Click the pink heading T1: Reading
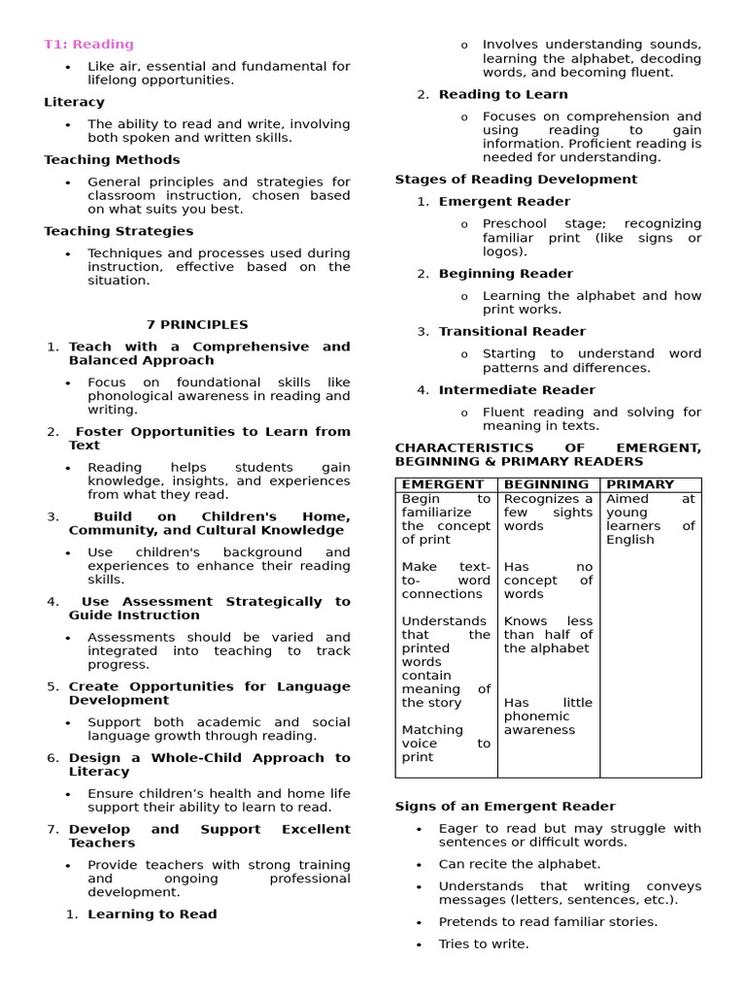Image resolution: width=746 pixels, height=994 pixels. tap(88, 45)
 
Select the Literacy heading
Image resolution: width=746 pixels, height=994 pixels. tap(74, 102)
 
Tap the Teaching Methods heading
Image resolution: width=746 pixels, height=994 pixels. tap(112, 159)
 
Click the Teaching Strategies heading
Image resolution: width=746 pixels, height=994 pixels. tap(119, 231)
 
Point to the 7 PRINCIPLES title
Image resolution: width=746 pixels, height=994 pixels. tap(197, 325)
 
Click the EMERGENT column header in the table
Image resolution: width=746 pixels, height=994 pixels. tap(442, 484)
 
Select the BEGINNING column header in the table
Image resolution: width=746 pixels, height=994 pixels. tap(546, 484)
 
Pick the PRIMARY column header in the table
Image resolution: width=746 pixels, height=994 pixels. tap(639, 484)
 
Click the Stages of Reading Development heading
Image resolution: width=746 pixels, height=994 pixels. tap(516, 180)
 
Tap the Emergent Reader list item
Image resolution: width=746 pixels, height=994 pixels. tap(504, 202)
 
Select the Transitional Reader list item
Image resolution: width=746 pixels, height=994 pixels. tap(512, 332)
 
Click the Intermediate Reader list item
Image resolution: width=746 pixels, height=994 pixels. tap(517, 390)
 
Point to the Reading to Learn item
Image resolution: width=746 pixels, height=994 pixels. tap(503, 94)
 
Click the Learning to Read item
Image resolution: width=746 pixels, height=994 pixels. tap(152, 914)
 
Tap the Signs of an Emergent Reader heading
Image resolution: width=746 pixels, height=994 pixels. tap(505, 807)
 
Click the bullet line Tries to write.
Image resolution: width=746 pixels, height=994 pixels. tap(483, 944)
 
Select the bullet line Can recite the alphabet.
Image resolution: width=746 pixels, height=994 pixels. tap(519, 864)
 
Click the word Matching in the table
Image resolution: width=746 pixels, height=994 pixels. tap(432, 730)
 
